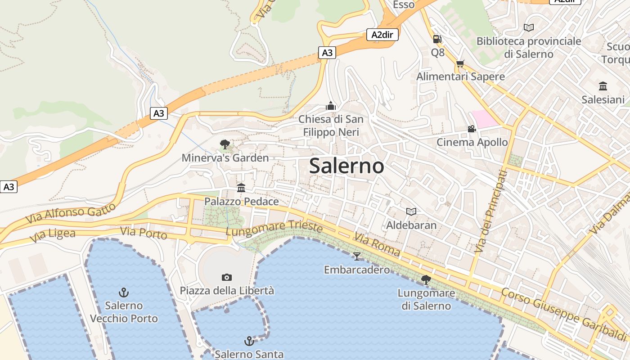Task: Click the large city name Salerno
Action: [x=346, y=166]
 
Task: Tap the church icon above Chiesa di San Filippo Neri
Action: [x=331, y=106]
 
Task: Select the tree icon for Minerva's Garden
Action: [x=225, y=144]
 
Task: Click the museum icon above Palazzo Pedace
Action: [x=241, y=188]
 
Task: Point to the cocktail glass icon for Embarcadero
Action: [x=357, y=256]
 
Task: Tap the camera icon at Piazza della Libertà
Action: [x=227, y=277]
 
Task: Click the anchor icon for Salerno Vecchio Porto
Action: [x=124, y=292]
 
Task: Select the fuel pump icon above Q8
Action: [x=437, y=39]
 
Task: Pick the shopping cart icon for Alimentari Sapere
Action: [x=460, y=64]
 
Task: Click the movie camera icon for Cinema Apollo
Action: [x=472, y=129]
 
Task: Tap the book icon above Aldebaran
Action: [x=411, y=211]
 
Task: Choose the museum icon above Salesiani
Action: [x=603, y=86]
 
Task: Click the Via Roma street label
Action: [x=377, y=245]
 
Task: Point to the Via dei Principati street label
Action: [x=489, y=211]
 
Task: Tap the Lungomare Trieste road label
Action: [x=274, y=229]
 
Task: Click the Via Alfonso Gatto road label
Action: [x=71, y=214]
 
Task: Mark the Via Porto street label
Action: [x=144, y=233]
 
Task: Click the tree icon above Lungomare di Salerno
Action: [x=426, y=280]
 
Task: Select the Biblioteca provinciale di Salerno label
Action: [x=529, y=48]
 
